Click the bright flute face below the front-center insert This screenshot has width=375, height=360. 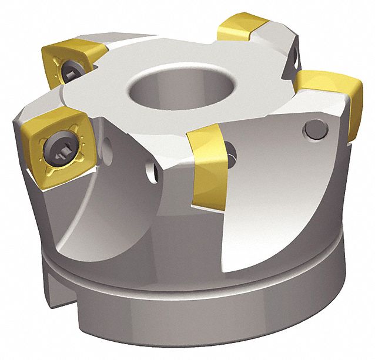tap(259, 217)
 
